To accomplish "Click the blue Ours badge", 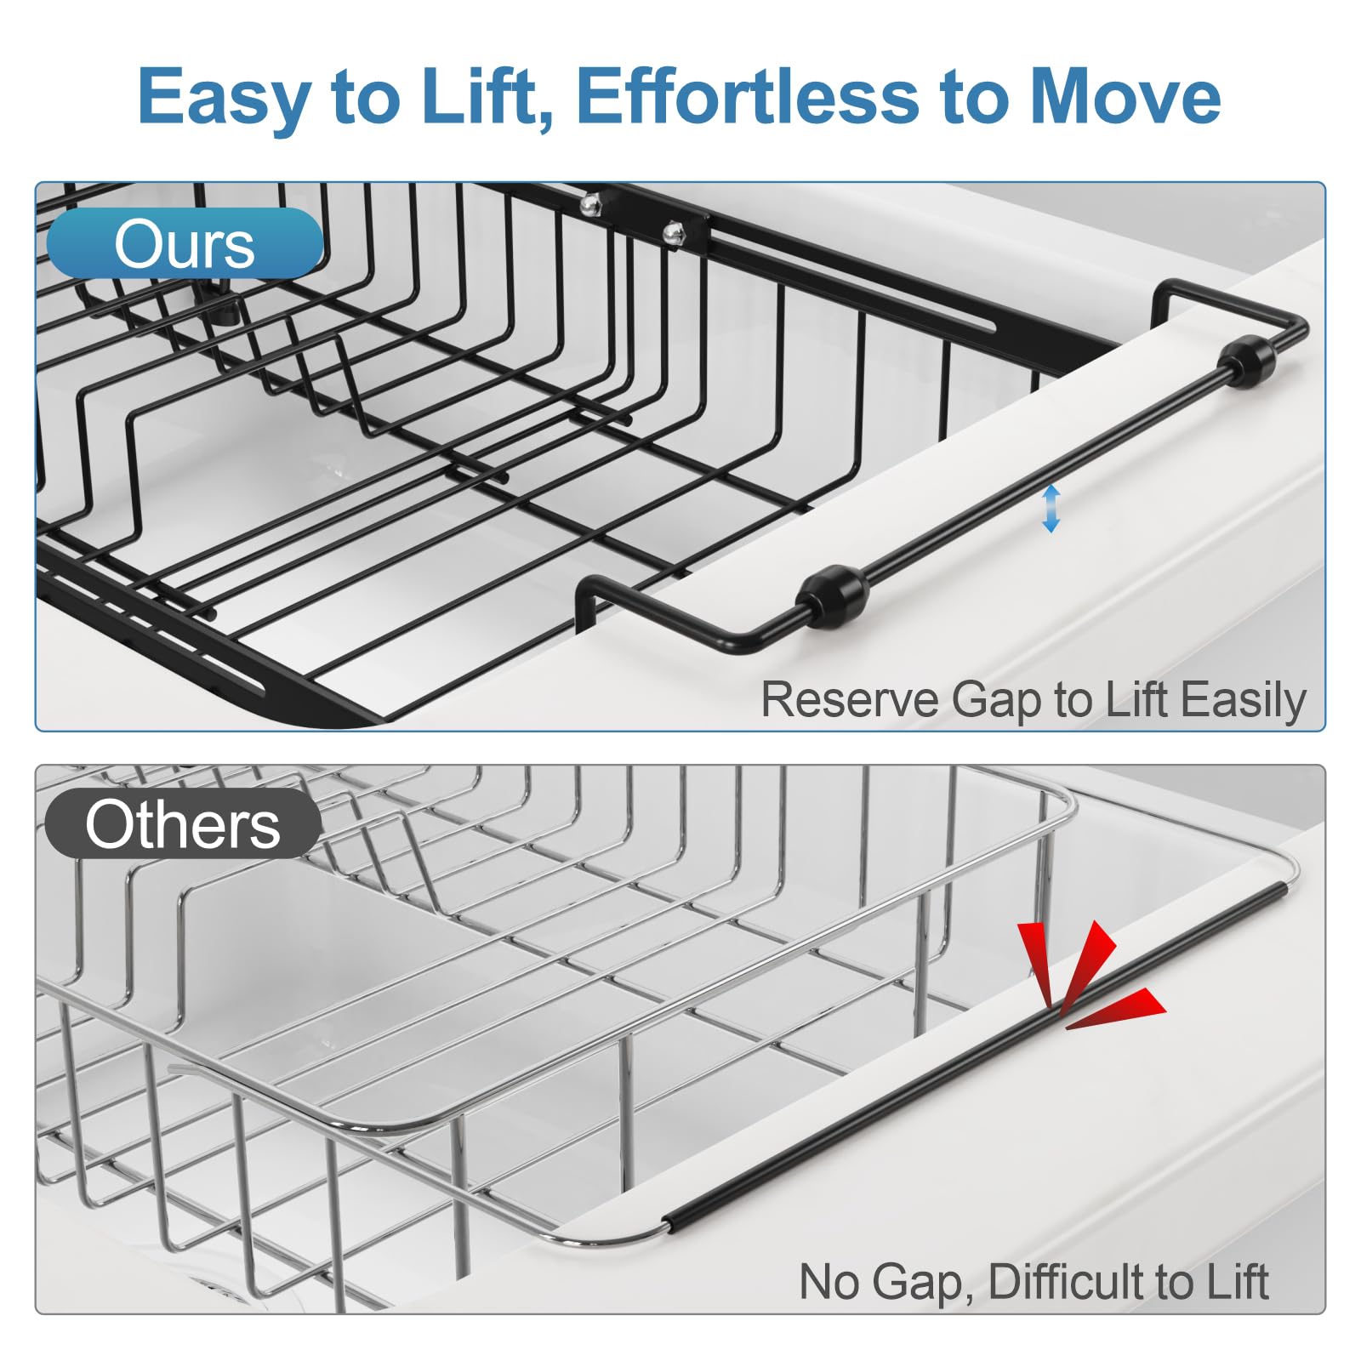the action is pyautogui.click(x=185, y=243).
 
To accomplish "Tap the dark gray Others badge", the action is pyautogui.click(x=182, y=823).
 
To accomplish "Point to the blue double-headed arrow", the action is pyautogui.click(x=1051, y=508).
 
